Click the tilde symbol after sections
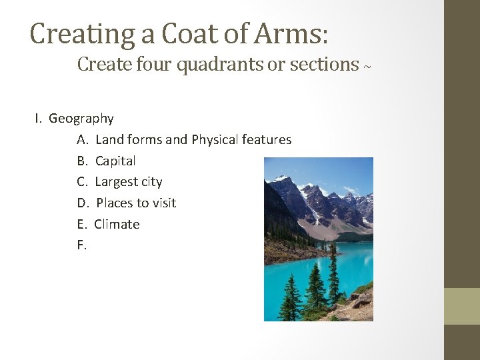point(367,67)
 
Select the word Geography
point(81,119)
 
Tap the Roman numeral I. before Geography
point(39,119)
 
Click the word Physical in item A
point(215,140)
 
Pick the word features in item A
point(267,139)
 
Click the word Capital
point(115,161)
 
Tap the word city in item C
point(151,182)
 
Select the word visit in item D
point(162,203)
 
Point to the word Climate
point(117,224)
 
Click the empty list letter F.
point(81,245)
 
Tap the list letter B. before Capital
point(82,161)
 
